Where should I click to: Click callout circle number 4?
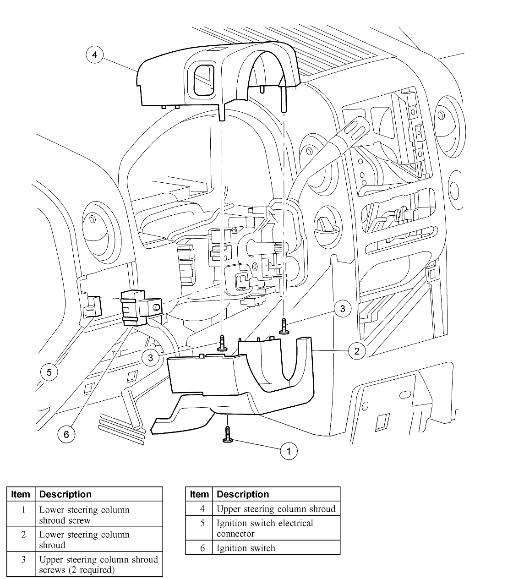pyautogui.click(x=95, y=55)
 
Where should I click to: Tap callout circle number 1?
pyautogui.click(x=289, y=451)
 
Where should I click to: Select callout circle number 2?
pyautogui.click(x=357, y=351)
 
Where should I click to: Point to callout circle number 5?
pyautogui.click(x=49, y=372)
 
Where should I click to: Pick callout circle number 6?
pyautogui.click(x=66, y=434)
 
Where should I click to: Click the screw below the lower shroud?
pyautogui.click(x=228, y=435)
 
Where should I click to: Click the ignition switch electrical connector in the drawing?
pyautogui.click(x=92, y=306)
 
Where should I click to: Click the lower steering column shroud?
pyautogui.click(x=237, y=386)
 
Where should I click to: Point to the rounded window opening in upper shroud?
pyautogui.click(x=203, y=80)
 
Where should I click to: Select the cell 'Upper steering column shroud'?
pyautogui.click(x=276, y=509)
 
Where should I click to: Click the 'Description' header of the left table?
pyautogui.click(x=99, y=494)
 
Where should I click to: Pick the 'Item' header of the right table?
pyautogui.click(x=199, y=494)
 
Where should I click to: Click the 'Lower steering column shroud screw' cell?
pyautogui.click(x=99, y=514)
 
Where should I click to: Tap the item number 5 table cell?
pyautogui.click(x=199, y=528)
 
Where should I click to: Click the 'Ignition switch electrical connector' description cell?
pyautogui.click(x=276, y=528)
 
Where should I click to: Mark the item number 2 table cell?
pyautogui.click(x=21, y=539)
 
